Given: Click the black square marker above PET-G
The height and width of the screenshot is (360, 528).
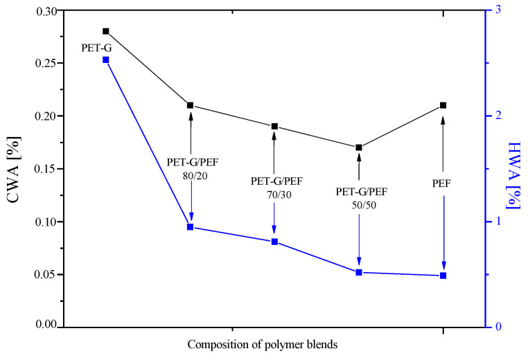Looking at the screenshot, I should coord(106,31).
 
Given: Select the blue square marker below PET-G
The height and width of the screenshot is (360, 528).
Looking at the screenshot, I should coord(106,60).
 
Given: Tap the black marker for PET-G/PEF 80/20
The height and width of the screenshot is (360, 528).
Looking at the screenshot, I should coord(191,105).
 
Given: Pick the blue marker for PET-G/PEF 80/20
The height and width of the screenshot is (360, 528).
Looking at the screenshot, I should coord(191,226).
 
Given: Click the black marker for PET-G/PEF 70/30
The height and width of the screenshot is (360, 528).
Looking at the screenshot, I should coord(274,126).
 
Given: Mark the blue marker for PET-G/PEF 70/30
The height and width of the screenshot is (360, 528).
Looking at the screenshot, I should coord(274,242).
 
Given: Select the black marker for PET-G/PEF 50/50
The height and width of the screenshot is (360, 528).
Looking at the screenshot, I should coord(359,147).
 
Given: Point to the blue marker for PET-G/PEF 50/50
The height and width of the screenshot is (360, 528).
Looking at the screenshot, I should coord(359,272).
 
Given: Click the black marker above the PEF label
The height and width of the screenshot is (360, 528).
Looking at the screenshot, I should coord(443,105).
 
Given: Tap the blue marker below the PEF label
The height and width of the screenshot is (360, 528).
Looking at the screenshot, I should coord(443,276).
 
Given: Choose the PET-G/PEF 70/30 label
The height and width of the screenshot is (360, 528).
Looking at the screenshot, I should coord(274,187).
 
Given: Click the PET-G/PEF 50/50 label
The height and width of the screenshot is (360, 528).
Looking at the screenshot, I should coord(359,197).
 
